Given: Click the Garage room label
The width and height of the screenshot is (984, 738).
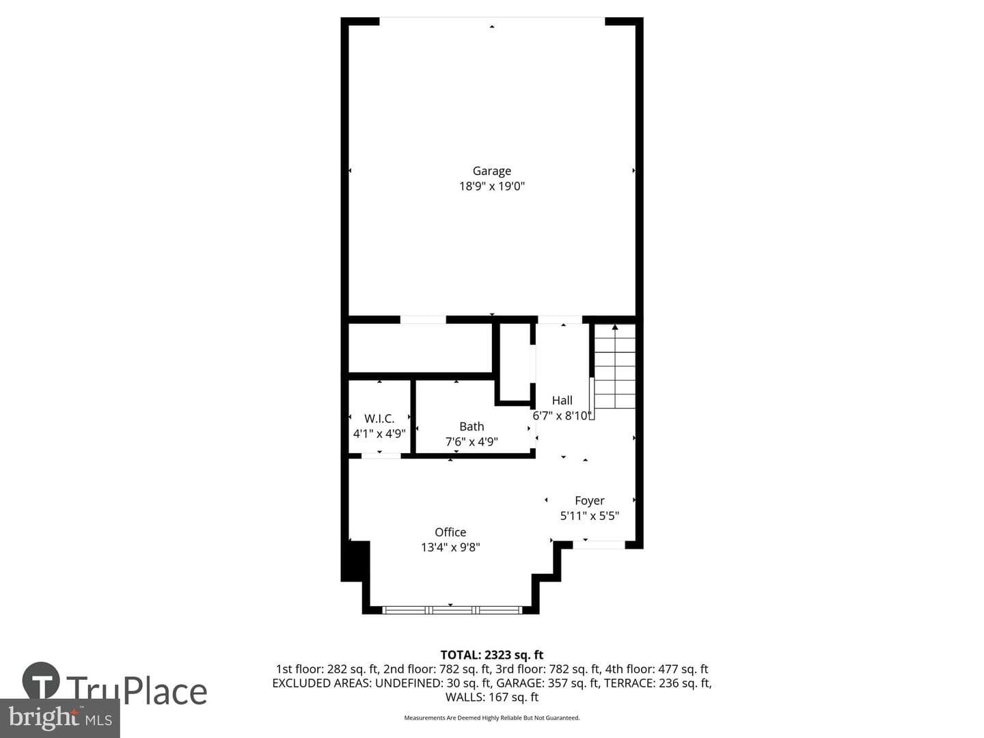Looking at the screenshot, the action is coord(492,171).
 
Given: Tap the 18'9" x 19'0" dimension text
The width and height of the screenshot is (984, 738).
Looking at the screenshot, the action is coord(492,186).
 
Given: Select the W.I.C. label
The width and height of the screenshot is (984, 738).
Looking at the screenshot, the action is coord(379,418).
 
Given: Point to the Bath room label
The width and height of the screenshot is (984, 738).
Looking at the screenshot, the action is coord(471,426).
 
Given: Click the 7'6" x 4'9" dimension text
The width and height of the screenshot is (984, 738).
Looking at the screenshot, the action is coord(471,442).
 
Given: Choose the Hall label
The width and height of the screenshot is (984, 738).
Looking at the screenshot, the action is coord(562,400).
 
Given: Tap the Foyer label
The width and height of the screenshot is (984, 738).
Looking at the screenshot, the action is coord(590,500).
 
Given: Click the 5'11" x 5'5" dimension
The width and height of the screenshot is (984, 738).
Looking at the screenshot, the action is coord(590,516).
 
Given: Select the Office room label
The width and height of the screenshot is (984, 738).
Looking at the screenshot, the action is coord(450,532).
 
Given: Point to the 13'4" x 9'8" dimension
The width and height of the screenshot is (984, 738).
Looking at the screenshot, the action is coord(450,547).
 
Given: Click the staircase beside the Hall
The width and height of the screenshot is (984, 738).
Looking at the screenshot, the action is coord(614,366).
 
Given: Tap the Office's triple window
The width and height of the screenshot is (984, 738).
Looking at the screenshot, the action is coord(452,610).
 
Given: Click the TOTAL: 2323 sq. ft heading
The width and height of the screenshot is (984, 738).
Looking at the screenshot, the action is coord(492,655).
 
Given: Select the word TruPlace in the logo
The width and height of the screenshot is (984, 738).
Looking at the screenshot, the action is coord(137,692).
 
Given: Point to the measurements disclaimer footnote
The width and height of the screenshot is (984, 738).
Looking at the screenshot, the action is coord(492,717).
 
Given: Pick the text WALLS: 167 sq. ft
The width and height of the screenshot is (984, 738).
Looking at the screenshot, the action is coord(492,697).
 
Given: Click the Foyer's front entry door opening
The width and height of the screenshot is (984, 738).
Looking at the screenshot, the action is coord(599,545).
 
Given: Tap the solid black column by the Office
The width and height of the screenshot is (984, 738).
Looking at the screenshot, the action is coord(355,561).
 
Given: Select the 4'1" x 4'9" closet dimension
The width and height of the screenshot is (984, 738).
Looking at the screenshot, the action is coord(379,434).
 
